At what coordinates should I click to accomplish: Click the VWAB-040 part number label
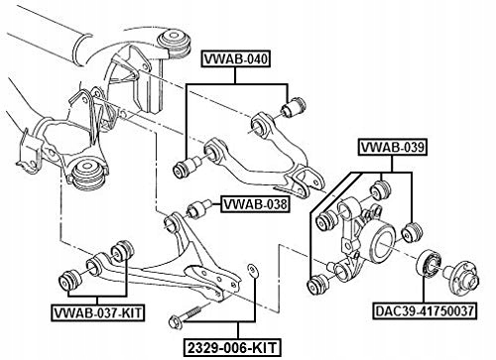[x=236, y=60]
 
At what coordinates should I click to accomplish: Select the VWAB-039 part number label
[x=393, y=147]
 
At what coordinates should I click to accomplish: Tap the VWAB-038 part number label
[x=255, y=204]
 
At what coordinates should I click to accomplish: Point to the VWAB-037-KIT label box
[x=98, y=312]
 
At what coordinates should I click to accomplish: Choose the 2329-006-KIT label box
[x=232, y=348]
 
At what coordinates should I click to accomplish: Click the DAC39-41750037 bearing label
[x=425, y=311]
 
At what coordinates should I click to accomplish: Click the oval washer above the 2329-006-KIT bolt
[x=252, y=270]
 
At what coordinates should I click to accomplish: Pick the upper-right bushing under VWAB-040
[x=294, y=107]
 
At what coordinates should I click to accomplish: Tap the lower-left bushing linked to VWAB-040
[x=186, y=168]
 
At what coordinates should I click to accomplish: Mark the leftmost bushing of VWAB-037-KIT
[x=69, y=281]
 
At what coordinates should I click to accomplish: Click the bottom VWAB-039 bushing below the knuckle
[x=318, y=285]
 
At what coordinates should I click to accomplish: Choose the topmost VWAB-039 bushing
[x=380, y=189]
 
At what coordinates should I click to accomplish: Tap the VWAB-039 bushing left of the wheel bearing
[x=412, y=232]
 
